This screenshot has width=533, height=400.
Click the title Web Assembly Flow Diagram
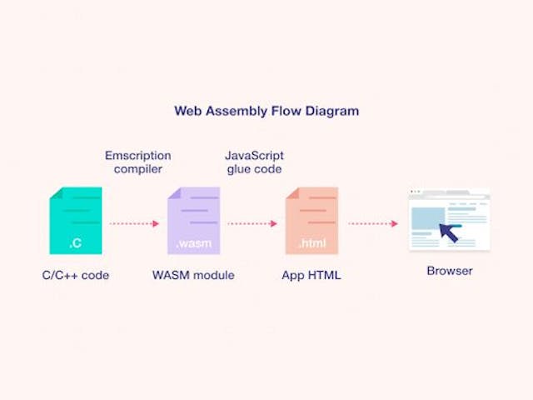(x=266, y=110)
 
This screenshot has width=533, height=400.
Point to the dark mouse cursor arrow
(x=449, y=232)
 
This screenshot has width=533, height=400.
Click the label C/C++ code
(x=76, y=275)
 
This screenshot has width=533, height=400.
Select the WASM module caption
(x=193, y=275)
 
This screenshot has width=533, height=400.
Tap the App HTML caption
(x=311, y=275)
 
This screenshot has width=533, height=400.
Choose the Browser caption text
(x=450, y=271)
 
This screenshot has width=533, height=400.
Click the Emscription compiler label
(x=137, y=162)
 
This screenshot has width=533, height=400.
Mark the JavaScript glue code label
(x=254, y=162)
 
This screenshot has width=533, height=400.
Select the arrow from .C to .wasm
(x=134, y=223)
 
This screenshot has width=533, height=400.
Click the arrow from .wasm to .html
(x=252, y=223)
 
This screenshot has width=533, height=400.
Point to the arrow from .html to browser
(x=372, y=223)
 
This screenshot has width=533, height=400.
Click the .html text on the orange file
(x=311, y=244)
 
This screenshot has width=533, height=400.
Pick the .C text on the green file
(x=76, y=244)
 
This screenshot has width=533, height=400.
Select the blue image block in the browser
(x=427, y=218)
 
